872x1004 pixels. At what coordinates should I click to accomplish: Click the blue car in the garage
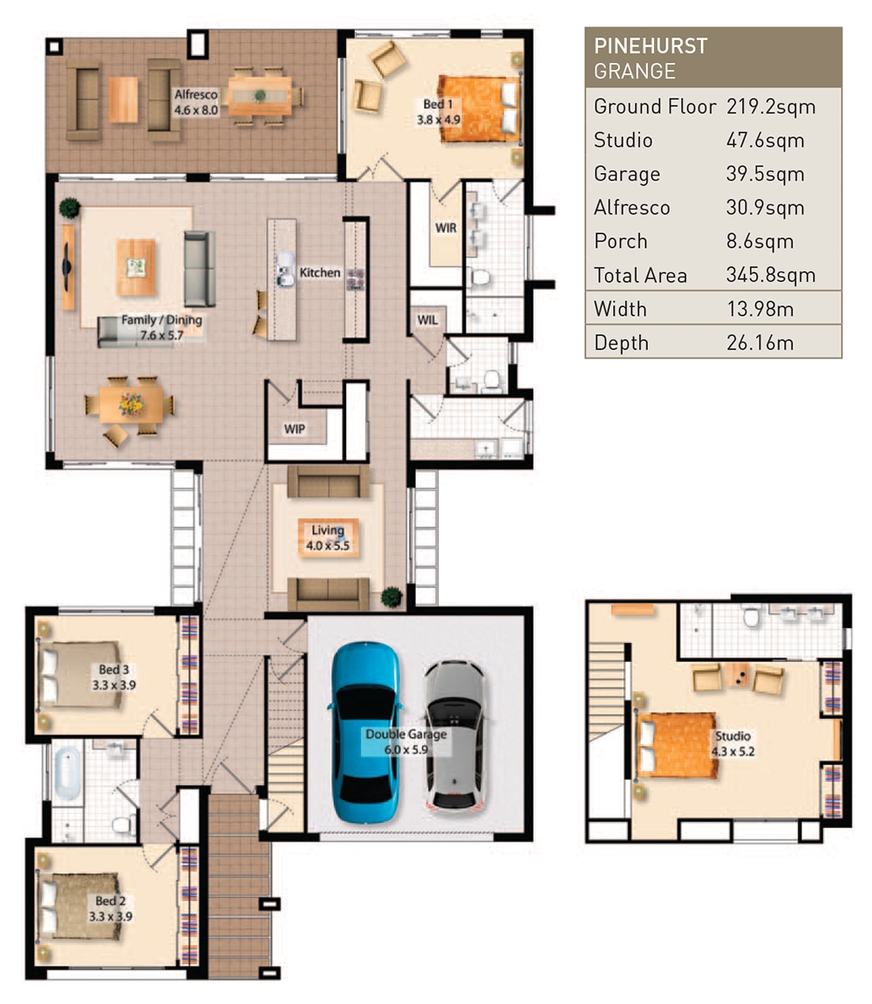[x=366, y=722]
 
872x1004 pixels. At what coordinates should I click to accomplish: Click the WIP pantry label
[x=294, y=430]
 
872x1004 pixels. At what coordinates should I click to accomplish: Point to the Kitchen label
[x=320, y=273]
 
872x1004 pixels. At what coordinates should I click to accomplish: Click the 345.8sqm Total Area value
[x=771, y=276]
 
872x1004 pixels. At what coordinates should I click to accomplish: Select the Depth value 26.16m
[x=760, y=343]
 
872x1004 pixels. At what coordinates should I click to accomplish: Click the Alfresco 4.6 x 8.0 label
[x=195, y=104]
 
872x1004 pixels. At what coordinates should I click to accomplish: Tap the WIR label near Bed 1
[x=445, y=228]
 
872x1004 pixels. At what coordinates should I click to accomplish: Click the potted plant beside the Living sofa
[x=392, y=597]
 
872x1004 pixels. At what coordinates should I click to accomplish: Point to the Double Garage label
[x=405, y=741]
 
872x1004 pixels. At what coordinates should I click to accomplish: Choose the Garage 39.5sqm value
[x=765, y=174]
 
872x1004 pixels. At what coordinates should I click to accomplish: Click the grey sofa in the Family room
[x=199, y=269]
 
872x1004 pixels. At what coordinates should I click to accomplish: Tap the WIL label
[x=426, y=320]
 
